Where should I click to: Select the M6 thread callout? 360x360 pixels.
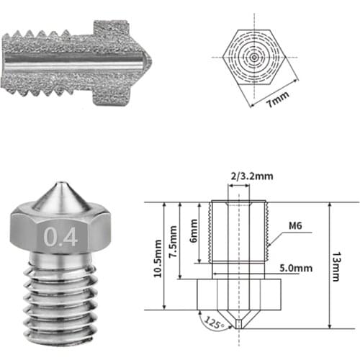294,225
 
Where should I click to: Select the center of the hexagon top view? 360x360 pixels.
253,55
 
